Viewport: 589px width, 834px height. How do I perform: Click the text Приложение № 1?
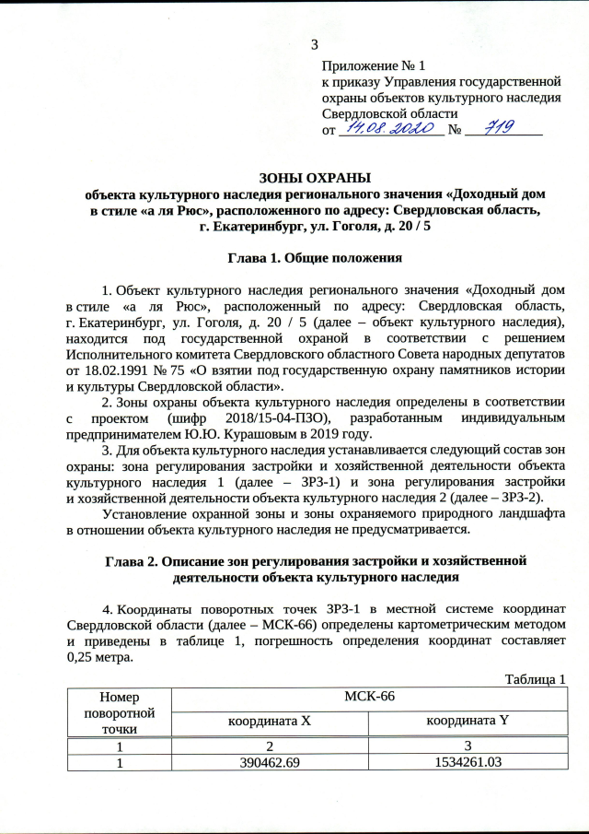pos(374,66)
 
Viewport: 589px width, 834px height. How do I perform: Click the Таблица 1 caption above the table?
pos(535,680)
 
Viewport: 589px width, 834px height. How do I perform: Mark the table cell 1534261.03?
pos(465,762)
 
